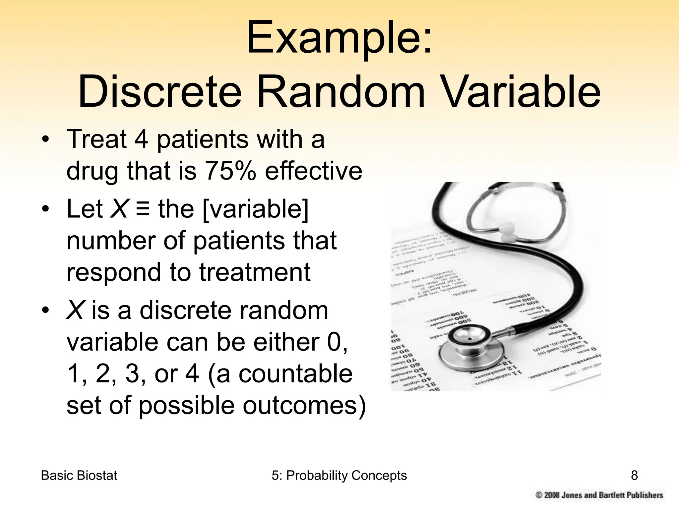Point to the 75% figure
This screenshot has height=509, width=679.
231,171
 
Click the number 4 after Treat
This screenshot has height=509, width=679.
141,139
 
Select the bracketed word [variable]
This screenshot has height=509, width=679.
255,209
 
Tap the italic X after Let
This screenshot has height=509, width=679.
119,209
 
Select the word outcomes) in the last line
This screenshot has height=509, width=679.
304,406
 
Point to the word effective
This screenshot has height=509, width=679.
313,171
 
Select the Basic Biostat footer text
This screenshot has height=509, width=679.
79,476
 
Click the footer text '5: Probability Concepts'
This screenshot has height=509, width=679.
339,476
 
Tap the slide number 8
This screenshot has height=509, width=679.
634,476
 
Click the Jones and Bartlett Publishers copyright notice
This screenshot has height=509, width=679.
599,495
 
